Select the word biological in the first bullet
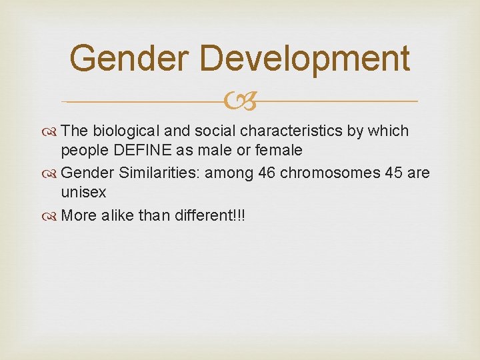[x=125, y=131]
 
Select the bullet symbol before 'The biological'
[x=52, y=132]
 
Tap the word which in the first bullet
[x=393, y=131]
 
